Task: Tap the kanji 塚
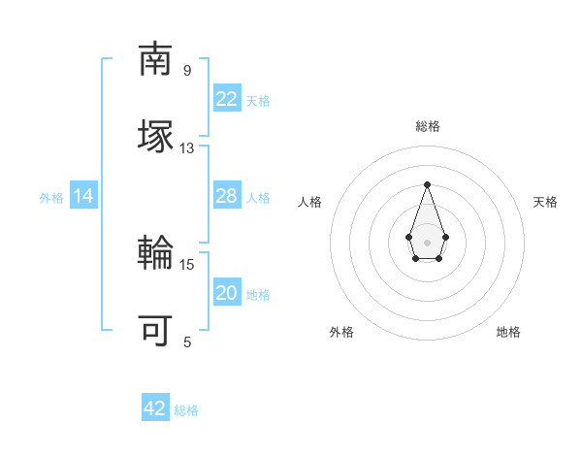coord(155,135)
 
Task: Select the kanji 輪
coord(155,253)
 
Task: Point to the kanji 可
coord(155,330)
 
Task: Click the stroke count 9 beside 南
coord(187,70)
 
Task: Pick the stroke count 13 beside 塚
coord(187,147)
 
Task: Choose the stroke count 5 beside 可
coord(187,342)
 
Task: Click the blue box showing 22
coord(226,99)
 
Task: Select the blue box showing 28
coord(226,197)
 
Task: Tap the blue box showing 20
coord(226,294)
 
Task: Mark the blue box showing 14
coord(83,197)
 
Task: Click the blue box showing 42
coord(155,408)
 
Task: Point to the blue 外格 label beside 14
coord(51,198)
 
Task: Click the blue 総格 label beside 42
coord(186,410)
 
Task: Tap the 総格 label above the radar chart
coord(427,126)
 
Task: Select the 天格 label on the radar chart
coord(546,202)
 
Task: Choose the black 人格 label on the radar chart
coord(310,202)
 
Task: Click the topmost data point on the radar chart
coord(427,184)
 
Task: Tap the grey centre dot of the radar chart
coord(427,241)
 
